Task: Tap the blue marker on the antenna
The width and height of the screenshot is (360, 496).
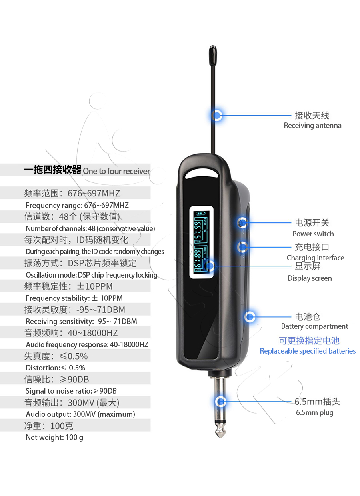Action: point(217,116)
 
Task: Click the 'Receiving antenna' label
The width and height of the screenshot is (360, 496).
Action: point(312,126)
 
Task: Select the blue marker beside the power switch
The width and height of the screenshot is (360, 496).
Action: point(242,222)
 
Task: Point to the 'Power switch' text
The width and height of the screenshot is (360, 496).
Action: point(313,234)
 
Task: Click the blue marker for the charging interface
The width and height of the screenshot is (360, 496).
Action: point(242,247)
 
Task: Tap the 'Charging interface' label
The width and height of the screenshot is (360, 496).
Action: point(315,258)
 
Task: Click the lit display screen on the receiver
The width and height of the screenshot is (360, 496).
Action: point(202,242)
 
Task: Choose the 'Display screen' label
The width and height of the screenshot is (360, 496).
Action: point(310,278)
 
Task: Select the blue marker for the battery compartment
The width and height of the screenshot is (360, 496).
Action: point(250,317)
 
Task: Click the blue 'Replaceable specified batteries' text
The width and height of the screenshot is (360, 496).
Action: point(308,351)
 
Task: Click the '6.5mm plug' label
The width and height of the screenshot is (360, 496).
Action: point(314,413)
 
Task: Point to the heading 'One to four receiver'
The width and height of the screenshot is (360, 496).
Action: point(116,171)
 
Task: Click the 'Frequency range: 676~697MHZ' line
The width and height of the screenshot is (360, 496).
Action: point(77,206)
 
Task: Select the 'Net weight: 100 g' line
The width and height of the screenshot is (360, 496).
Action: point(54,438)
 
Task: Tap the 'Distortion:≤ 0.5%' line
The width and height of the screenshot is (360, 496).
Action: point(56,368)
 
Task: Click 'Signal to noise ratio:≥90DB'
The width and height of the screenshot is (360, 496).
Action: point(71,391)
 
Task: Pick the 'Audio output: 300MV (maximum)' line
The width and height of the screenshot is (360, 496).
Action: point(80,414)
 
